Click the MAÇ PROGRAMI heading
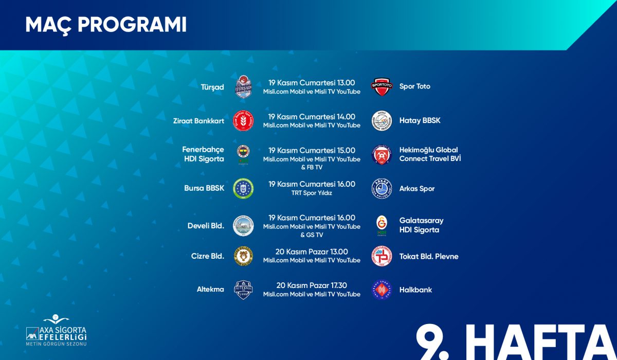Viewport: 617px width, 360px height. click(106, 25)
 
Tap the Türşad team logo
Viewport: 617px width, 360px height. click(243, 87)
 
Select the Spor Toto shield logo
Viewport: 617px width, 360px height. click(382, 87)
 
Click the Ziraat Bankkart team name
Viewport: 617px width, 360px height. click(198, 121)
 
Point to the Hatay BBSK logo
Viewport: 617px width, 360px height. click(382, 121)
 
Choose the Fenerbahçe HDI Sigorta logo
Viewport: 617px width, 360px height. click(243, 155)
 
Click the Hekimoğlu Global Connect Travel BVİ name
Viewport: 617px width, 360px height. click(430, 154)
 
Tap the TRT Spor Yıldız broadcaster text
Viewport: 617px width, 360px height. click(312, 193)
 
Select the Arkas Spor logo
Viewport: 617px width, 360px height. click(382, 188)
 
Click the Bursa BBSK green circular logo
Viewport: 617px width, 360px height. click(243, 188)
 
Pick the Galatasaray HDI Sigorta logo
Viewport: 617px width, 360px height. click(382, 226)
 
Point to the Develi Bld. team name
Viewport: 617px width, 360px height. click(206, 226)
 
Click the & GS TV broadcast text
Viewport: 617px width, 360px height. click(312, 235)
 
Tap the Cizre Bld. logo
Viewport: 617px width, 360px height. click(243, 256)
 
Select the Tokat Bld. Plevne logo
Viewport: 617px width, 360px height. click(382, 256)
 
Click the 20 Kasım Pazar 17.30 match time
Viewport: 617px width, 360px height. click(312, 285)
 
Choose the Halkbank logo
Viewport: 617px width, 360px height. click(382, 290)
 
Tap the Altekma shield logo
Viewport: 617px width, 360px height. click(243, 290)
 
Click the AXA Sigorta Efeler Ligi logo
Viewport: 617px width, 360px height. click(56, 330)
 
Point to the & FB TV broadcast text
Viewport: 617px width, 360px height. click(312, 167)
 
